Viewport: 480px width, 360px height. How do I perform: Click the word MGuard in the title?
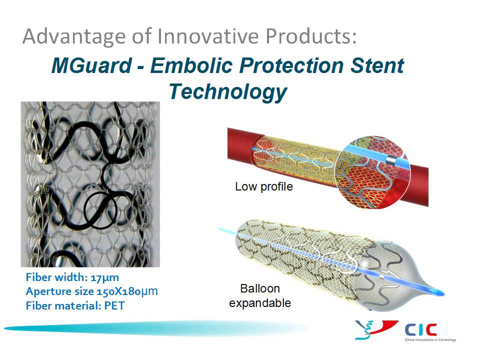pyautogui.click(x=91, y=66)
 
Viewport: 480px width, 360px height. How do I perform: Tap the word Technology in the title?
pyautogui.click(x=228, y=92)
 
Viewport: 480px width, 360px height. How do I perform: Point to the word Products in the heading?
pyautogui.click(x=311, y=36)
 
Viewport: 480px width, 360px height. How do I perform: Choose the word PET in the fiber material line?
pyautogui.click(x=114, y=306)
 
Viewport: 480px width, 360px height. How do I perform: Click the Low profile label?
pyautogui.click(x=264, y=186)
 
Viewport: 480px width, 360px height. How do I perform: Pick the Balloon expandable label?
pyautogui.click(x=260, y=295)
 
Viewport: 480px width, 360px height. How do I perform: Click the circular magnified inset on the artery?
pyautogui.click(x=372, y=172)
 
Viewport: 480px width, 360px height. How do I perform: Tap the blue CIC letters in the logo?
pyautogui.click(x=421, y=330)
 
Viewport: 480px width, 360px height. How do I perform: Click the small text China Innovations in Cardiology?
pyautogui.click(x=430, y=340)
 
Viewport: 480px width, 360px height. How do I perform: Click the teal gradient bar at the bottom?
pyautogui.click(x=155, y=328)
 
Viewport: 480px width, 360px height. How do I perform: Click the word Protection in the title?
pyautogui.click(x=291, y=65)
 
